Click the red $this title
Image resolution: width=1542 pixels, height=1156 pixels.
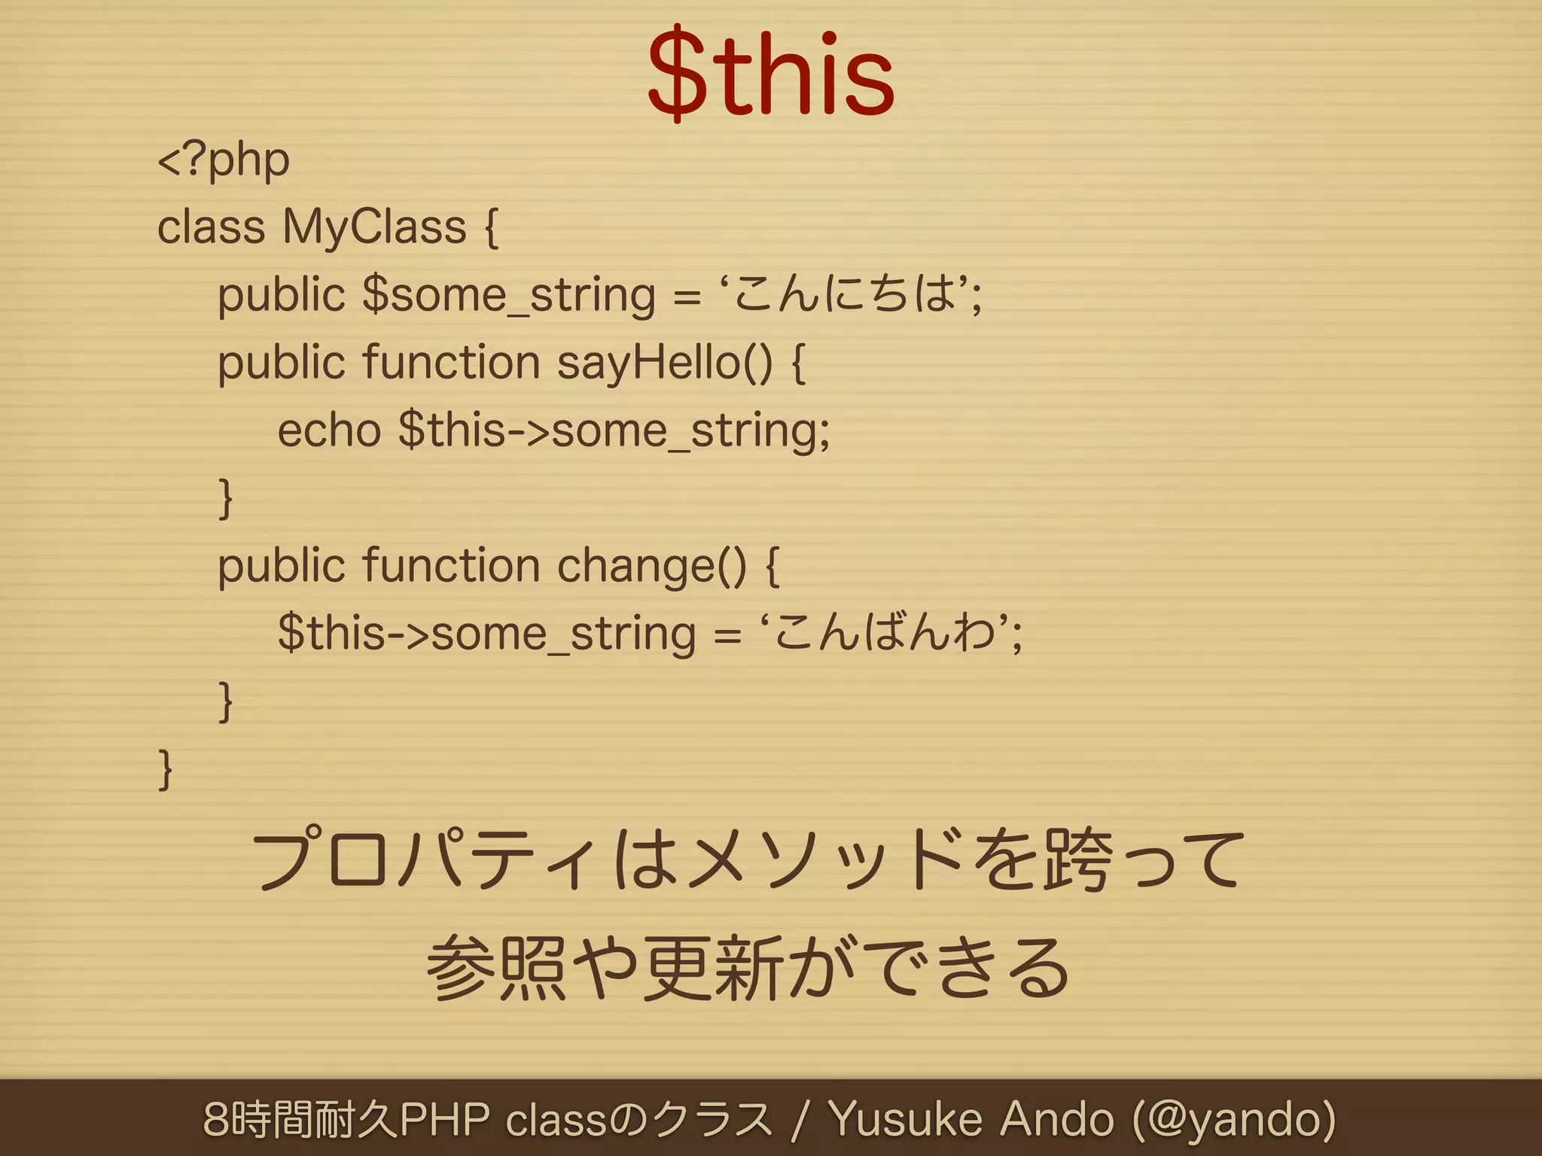click(771, 75)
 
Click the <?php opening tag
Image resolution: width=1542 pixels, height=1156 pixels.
click(224, 160)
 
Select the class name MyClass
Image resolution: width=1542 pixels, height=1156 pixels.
click(374, 227)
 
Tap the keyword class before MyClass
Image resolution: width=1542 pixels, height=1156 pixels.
click(211, 227)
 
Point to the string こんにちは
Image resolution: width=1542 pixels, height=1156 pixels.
click(846, 293)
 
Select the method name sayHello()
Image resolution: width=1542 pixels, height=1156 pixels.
click(665, 363)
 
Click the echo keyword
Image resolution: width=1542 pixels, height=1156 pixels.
click(329, 430)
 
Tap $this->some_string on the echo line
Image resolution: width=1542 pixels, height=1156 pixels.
click(613, 430)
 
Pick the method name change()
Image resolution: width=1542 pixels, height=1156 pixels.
click(652, 566)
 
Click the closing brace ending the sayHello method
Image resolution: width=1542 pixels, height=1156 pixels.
click(225, 498)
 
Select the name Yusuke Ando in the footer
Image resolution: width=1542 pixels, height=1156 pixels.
click(971, 1118)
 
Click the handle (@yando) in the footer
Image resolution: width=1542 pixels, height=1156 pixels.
click(1235, 1118)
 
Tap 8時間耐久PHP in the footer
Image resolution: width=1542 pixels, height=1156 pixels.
click(346, 1118)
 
